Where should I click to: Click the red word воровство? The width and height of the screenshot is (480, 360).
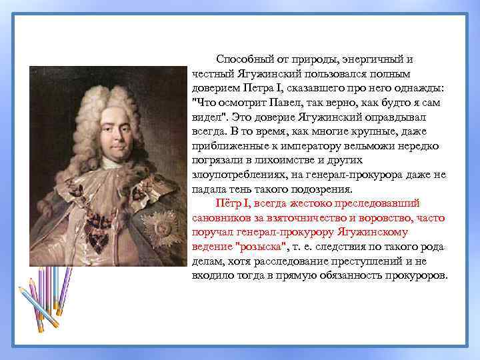[385, 217]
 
